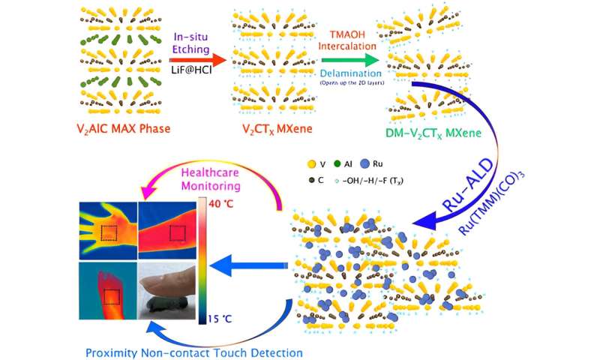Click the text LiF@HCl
(x=186, y=73)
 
